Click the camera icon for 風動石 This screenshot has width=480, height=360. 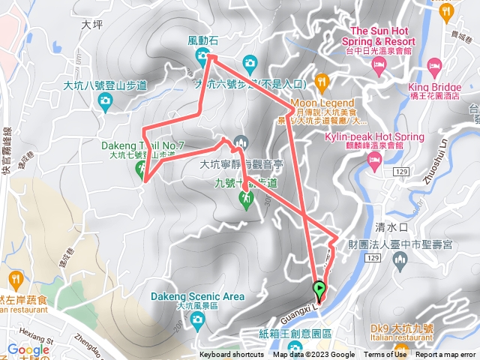coord(202,56)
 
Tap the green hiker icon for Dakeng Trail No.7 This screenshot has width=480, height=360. coord(141,169)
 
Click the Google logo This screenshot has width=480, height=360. coord(28,349)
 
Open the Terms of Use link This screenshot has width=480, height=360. coord(385,355)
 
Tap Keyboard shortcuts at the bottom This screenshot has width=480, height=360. coord(231,355)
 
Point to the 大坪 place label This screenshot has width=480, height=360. coord(91,24)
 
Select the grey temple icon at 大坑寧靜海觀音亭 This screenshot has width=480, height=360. coord(241,141)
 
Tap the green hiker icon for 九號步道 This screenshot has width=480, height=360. coord(245,199)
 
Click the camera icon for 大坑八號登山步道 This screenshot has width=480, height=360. coord(105,100)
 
